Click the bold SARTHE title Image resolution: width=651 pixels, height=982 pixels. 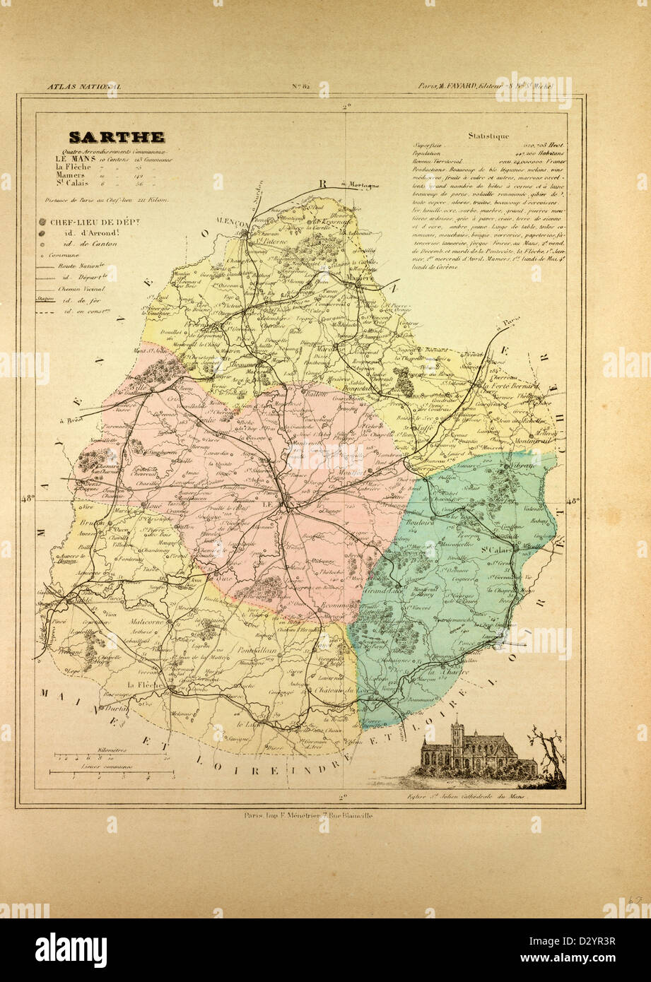pos(117,137)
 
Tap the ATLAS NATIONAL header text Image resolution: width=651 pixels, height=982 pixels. pos(83,86)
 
